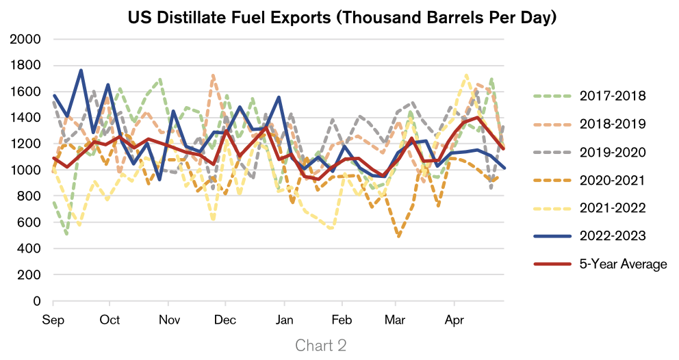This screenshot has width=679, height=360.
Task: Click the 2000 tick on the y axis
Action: (26, 40)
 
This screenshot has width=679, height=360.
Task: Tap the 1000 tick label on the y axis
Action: (26, 170)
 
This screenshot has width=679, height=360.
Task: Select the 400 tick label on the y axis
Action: (29, 249)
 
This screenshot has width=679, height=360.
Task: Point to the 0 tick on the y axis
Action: (38, 301)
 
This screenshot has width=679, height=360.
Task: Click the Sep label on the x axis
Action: (53, 320)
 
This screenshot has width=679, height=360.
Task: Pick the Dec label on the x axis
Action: (225, 320)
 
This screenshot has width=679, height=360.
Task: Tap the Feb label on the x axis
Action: (341, 320)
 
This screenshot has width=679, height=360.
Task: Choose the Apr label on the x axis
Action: (453, 320)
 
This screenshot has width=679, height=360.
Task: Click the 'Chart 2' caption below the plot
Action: (320, 346)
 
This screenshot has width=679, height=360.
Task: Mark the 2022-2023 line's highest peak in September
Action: (81, 70)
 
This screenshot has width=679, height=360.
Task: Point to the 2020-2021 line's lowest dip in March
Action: (398, 237)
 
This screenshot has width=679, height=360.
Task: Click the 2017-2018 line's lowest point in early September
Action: (67, 234)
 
